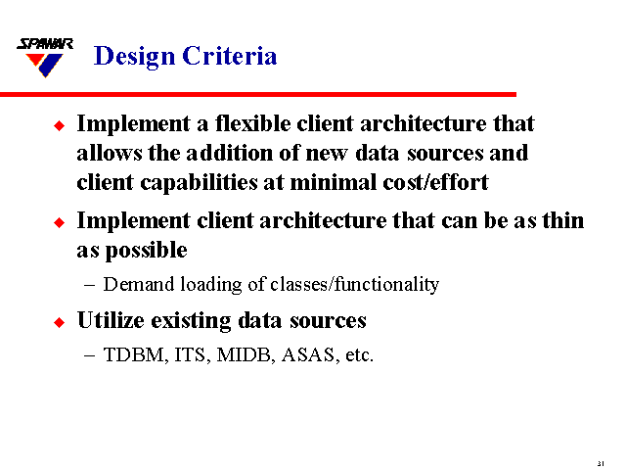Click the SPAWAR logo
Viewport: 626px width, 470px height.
click(45, 58)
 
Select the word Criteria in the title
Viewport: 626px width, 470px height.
click(230, 57)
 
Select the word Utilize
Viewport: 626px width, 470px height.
click(114, 320)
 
